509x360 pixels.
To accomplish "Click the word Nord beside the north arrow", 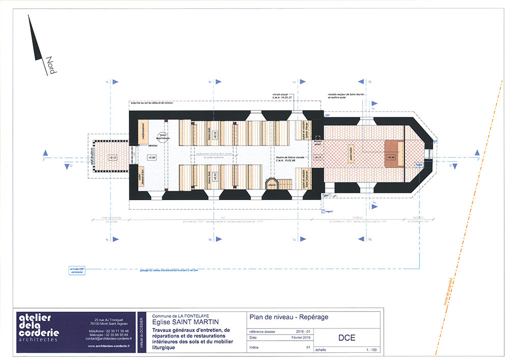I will click(x=50, y=65).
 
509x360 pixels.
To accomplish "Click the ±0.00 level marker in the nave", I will click(x=151, y=158).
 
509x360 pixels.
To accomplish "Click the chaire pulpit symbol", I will click(x=272, y=182).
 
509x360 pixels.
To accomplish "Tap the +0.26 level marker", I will click(x=391, y=157).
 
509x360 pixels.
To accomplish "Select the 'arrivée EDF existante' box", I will click(x=75, y=271).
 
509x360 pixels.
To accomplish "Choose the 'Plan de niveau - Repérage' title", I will click(x=289, y=317).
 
